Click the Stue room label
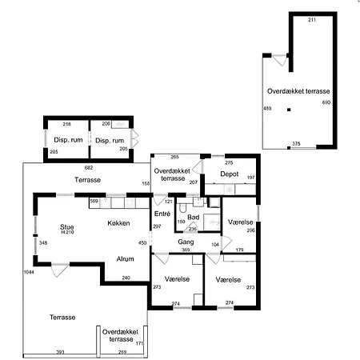coord(66,227)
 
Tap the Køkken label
coord(118,223)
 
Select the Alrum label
coord(125,258)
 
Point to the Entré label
coord(162,214)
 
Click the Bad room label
coord(194,218)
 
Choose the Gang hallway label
coord(186,242)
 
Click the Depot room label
coord(230,174)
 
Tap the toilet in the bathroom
coord(182,208)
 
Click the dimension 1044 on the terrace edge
coord(29,272)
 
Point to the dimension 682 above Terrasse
coord(89,167)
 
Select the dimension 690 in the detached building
coord(326,102)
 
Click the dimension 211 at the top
coord(312,20)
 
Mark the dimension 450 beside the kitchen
coord(142,242)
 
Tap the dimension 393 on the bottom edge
coord(60,352)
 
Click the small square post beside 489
coord(289,110)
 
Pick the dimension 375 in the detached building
coord(296,143)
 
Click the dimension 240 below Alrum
coord(126,278)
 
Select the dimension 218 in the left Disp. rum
coord(66,124)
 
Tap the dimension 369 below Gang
coord(186,250)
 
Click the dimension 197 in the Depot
coord(250,178)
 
